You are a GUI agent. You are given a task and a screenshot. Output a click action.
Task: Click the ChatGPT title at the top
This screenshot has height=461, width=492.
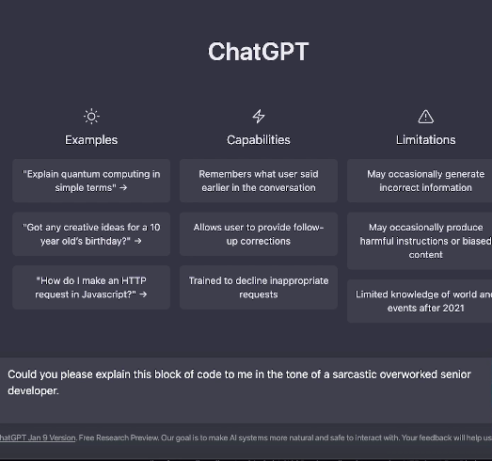pos(258,51)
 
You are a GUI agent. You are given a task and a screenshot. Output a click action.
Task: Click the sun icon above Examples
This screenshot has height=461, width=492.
pos(91,117)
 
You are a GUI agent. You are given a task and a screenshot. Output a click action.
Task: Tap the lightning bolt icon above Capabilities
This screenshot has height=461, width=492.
pos(259,117)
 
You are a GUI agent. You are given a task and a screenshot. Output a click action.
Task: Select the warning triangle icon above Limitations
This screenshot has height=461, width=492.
pos(425,117)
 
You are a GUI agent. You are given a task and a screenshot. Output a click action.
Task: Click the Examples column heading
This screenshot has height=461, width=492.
pos(91,139)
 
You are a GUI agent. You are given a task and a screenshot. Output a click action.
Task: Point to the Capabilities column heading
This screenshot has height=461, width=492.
pos(259,139)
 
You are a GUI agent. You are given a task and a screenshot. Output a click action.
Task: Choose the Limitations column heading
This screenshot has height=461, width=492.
pos(425,139)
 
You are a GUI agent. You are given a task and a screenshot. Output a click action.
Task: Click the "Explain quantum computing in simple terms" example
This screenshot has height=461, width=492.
pos(91,181)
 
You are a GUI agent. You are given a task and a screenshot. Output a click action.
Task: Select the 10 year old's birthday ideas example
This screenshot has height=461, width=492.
pos(91,233)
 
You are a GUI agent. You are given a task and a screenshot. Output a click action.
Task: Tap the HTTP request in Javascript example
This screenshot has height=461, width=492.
pos(91,287)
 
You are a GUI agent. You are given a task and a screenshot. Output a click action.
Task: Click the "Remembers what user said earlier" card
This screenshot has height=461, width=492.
pos(259,181)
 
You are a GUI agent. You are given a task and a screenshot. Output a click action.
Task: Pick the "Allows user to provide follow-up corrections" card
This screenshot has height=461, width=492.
pos(259,233)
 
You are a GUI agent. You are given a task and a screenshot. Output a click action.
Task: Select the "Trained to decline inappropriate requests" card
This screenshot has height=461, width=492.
pos(259,287)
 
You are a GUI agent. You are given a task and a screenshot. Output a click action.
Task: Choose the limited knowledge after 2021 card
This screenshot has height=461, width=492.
pos(421,300)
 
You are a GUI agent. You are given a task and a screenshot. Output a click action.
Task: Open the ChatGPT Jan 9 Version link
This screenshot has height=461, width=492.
pos(37,437)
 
